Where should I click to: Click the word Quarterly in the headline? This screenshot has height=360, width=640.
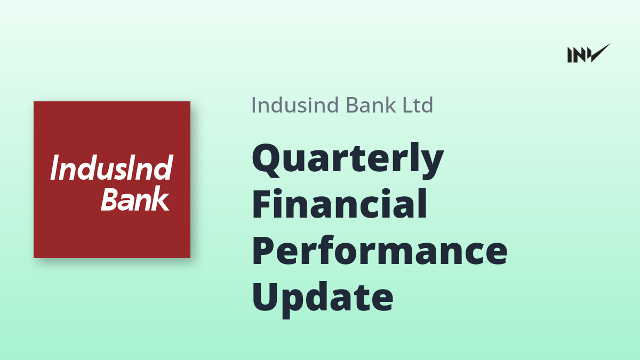coord(348,161)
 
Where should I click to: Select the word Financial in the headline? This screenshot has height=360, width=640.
coord(339,203)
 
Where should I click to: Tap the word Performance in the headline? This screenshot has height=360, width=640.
coord(380,250)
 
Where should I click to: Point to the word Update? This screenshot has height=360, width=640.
coord(323,300)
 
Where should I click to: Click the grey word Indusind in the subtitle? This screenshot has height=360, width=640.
coord(295,105)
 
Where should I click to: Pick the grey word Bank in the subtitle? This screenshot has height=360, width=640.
coord(371,105)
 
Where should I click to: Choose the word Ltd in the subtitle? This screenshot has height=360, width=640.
coord(418,105)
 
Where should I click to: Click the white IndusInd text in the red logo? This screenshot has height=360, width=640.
coord(111,167)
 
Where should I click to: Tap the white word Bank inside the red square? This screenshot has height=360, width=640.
coord(135,198)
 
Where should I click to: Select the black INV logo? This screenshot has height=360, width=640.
coord(589,53)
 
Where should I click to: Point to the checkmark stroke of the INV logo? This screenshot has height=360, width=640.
coord(599,53)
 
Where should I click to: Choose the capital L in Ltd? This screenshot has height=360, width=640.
coord(407,105)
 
